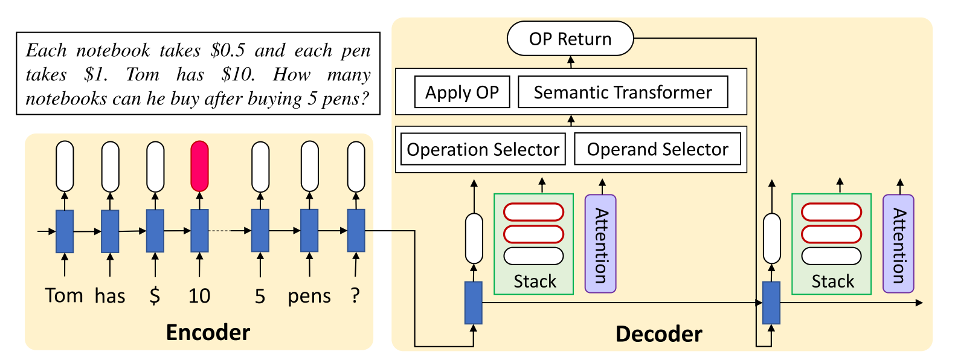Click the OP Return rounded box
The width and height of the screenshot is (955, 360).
click(570, 39)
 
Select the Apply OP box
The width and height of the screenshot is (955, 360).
click(462, 92)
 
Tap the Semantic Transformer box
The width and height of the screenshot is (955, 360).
click(623, 92)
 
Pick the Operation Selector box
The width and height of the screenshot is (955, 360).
click(483, 149)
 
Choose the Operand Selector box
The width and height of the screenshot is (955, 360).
click(657, 149)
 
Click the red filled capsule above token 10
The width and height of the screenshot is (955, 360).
click(199, 166)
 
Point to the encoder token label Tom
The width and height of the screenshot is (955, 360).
click(64, 295)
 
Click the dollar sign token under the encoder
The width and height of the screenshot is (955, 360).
click(155, 295)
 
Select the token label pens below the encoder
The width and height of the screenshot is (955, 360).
click(309, 296)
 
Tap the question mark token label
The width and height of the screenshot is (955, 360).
click(355, 295)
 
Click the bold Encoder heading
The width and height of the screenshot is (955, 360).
click(208, 332)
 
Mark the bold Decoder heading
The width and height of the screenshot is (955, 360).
click(658, 334)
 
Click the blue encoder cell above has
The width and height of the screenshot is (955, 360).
click(110, 231)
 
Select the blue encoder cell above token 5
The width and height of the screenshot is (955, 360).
click(260, 231)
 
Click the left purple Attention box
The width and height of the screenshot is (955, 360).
click(600, 244)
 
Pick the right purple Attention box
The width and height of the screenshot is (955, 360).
click(898, 244)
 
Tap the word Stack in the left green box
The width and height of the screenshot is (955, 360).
click(535, 281)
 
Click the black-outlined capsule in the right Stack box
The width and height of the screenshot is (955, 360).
click(831, 256)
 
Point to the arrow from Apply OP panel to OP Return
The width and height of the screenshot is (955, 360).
click(571, 62)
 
